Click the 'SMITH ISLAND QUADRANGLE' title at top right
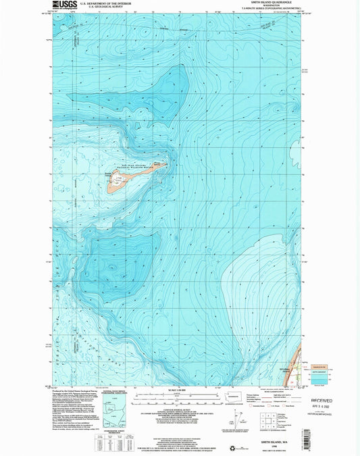[x=260, y=3]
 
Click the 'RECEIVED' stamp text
[x=317, y=400]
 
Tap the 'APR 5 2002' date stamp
[x=317, y=407]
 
